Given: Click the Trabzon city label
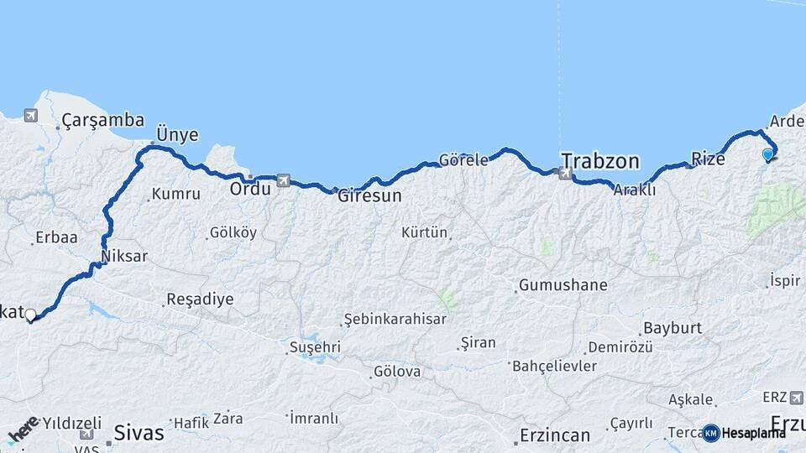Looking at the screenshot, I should [599, 160].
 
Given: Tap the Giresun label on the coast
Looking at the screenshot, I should [369, 196].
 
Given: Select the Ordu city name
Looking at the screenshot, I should [250, 189].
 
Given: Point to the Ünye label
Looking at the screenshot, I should [177, 134].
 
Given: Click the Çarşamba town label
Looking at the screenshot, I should [102, 121].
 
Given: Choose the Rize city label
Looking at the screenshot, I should [707, 158].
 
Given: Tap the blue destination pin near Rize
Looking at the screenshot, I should [767, 154].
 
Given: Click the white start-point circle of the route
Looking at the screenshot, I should [30, 315].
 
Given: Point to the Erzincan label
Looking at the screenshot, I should [554, 435].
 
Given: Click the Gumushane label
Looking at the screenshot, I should [563, 285].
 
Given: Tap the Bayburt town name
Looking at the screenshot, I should [672, 327].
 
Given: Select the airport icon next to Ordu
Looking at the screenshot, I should [283, 180].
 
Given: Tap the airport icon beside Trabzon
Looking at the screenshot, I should [564, 174].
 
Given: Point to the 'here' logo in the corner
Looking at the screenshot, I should [23, 429].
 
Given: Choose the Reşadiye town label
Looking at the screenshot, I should [200, 299].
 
